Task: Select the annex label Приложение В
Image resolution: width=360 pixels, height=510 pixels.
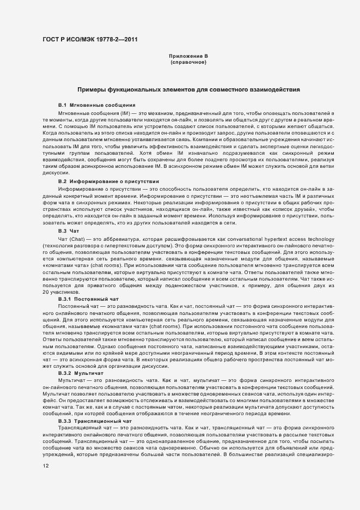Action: [x=188, y=56]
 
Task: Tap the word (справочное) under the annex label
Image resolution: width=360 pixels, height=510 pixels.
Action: [x=188, y=62]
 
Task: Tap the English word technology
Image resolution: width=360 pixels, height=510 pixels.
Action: [x=320, y=238]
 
